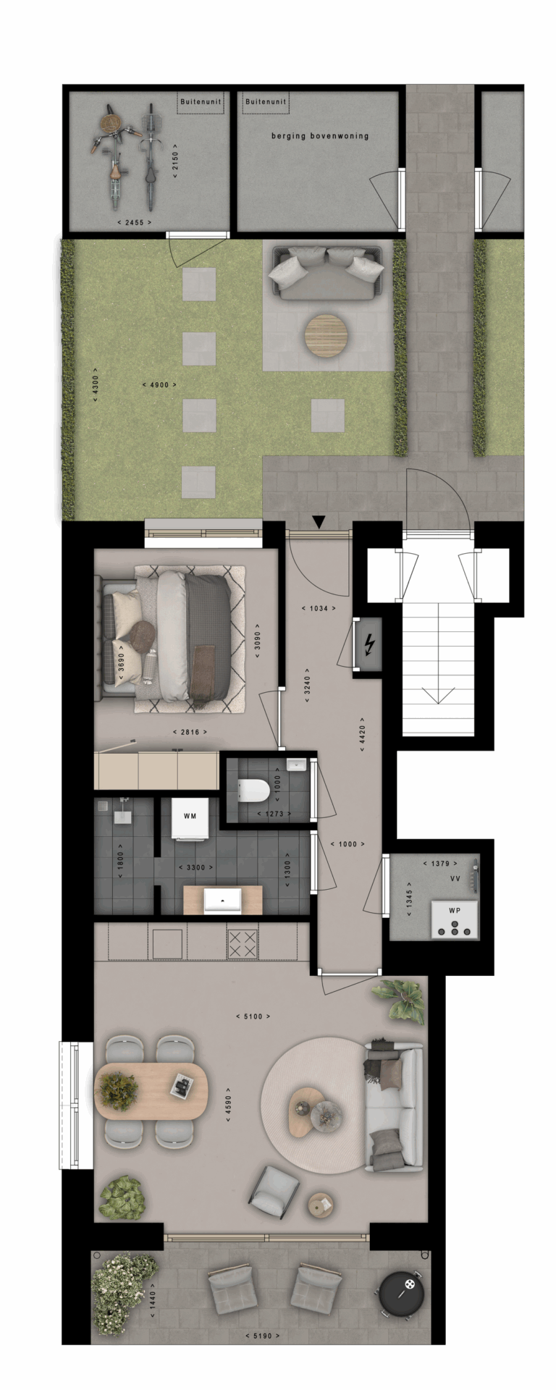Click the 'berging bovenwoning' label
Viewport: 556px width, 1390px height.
(x=320, y=135)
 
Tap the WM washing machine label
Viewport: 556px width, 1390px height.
(x=190, y=817)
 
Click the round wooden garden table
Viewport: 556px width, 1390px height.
(x=326, y=334)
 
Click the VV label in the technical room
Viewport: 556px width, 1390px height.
(x=455, y=878)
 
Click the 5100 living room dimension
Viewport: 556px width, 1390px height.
(x=253, y=1016)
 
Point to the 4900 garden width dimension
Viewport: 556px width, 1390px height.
(x=160, y=384)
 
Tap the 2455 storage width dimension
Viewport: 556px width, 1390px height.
(x=134, y=222)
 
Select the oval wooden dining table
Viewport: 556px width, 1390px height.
(x=151, y=1092)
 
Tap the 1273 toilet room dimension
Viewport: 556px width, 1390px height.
(x=274, y=814)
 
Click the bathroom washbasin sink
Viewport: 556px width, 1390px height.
(x=223, y=901)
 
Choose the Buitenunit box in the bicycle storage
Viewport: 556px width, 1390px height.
(x=201, y=104)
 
